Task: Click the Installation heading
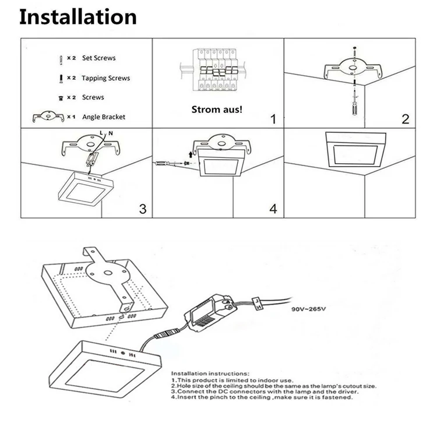[x=78, y=17]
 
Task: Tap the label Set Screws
[x=98, y=58]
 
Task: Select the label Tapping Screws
[x=106, y=78]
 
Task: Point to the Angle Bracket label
[x=104, y=117]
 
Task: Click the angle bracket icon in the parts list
[x=48, y=117]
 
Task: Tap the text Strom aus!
[x=217, y=110]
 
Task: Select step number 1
[x=273, y=119]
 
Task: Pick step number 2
[x=406, y=119]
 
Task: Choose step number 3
[x=143, y=209]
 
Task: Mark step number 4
[x=273, y=209]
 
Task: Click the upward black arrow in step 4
[x=191, y=154]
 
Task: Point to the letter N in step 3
[x=111, y=133]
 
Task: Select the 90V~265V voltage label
[x=308, y=309]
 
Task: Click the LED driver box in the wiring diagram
[x=211, y=313]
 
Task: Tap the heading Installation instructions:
[x=210, y=373]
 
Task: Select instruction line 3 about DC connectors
[x=265, y=392]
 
